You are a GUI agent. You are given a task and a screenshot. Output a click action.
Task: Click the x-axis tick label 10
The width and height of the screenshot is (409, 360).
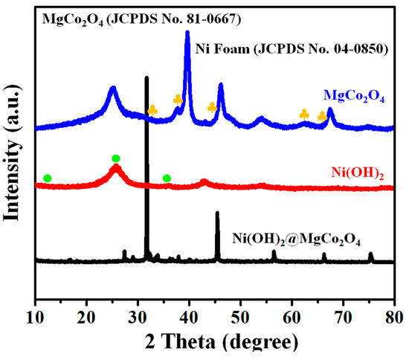(35, 312)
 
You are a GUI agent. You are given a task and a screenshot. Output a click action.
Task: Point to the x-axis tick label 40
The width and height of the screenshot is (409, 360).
(189, 312)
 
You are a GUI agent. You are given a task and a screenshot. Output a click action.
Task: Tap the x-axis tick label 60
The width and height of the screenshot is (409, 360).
(292, 312)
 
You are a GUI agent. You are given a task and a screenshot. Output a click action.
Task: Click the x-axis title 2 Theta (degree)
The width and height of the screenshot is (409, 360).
(214, 341)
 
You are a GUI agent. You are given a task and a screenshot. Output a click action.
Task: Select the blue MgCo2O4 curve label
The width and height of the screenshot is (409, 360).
(354, 96)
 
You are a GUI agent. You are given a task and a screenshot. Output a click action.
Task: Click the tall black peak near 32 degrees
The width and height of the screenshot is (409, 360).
(146, 79)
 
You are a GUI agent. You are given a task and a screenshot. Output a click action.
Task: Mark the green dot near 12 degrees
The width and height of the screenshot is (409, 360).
(48, 179)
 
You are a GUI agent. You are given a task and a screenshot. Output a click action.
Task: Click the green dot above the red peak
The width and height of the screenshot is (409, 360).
(116, 158)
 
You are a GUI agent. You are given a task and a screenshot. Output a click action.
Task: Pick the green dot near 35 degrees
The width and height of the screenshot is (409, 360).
(167, 179)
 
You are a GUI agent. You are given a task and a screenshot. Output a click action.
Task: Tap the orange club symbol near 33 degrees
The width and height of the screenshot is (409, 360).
(152, 109)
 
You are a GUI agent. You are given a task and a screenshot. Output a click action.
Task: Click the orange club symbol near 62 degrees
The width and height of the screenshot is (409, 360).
(304, 114)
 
